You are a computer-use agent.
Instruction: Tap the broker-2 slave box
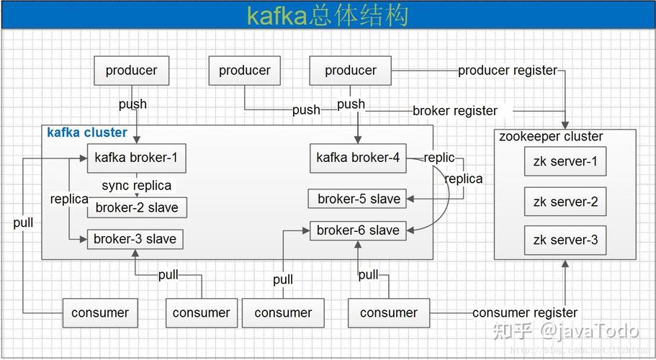click(x=137, y=208)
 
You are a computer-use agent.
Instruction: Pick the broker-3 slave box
click(x=135, y=239)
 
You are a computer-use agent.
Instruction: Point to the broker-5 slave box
click(x=359, y=199)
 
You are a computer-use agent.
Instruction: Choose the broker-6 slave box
click(x=358, y=230)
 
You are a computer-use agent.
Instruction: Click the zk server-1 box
click(x=565, y=161)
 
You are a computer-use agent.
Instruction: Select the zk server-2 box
click(x=565, y=202)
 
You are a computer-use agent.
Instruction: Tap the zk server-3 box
click(x=565, y=240)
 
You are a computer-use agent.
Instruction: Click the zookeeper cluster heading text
click(x=551, y=137)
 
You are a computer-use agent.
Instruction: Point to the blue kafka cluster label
click(x=87, y=132)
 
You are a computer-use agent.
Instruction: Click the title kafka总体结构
click(x=328, y=16)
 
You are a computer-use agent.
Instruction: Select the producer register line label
click(x=508, y=71)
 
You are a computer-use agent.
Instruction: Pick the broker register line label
click(x=455, y=111)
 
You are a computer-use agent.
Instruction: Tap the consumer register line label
click(x=525, y=312)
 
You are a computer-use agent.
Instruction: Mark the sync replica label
click(x=137, y=185)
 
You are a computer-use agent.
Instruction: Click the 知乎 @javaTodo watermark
click(x=565, y=331)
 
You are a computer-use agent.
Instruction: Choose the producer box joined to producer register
click(x=350, y=71)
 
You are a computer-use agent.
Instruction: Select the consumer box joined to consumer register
click(x=389, y=312)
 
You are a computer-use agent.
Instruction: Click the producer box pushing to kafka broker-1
click(x=131, y=71)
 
